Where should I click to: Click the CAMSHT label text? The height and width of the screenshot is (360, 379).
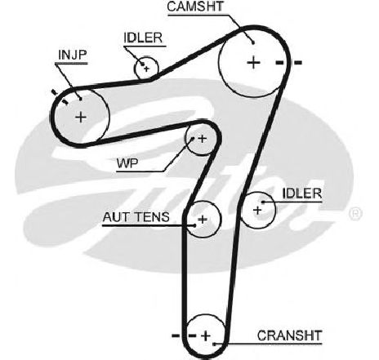tap(195, 7)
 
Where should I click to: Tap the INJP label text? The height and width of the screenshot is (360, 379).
tap(73, 55)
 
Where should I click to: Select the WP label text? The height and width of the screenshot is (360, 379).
tap(127, 163)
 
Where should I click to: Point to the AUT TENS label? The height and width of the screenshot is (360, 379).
tap(136, 217)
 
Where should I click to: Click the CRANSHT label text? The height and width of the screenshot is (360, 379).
tap(290, 336)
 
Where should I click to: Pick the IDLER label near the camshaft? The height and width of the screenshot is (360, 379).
tap(143, 38)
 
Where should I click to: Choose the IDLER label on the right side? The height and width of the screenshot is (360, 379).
tap(302, 193)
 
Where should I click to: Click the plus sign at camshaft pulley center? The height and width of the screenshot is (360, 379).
tap(254, 63)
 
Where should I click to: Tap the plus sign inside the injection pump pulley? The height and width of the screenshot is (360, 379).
tap(81, 118)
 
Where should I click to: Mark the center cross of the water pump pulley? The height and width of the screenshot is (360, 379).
tap(202, 139)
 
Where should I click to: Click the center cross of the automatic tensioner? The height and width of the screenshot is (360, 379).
tap(203, 219)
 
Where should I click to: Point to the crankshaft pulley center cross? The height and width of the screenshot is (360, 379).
tap(206, 336)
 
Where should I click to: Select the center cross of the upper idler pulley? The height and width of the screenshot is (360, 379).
tap(147, 69)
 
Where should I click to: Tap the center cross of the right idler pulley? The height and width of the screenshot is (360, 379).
tap(257, 210)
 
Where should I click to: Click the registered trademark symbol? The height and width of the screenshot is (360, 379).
tap(355, 214)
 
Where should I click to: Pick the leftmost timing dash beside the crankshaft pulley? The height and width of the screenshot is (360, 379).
tap(176, 336)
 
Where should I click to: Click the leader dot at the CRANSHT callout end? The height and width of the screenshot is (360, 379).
tap(215, 344)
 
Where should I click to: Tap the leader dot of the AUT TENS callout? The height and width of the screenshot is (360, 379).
tap(194, 225)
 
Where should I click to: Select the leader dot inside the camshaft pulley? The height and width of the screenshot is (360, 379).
tap(253, 42)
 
